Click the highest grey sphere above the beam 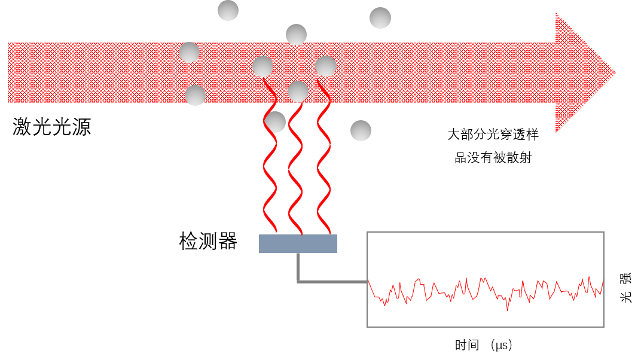pos(228,10)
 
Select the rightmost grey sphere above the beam pos(380,18)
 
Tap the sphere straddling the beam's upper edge pos(296,35)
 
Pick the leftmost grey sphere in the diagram pos(189,53)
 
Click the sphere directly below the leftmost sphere pos(196,95)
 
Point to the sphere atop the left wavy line pos(262,66)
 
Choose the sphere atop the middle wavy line pos(298,91)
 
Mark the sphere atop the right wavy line pos(326,66)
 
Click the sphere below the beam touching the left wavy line pos(275,122)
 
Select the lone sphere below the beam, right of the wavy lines pos(361,130)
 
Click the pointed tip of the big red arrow pos(614,72)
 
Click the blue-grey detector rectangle pos(298,243)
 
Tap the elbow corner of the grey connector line pos(298,281)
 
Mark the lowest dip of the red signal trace pos(508,310)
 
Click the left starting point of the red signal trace pos(368,280)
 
